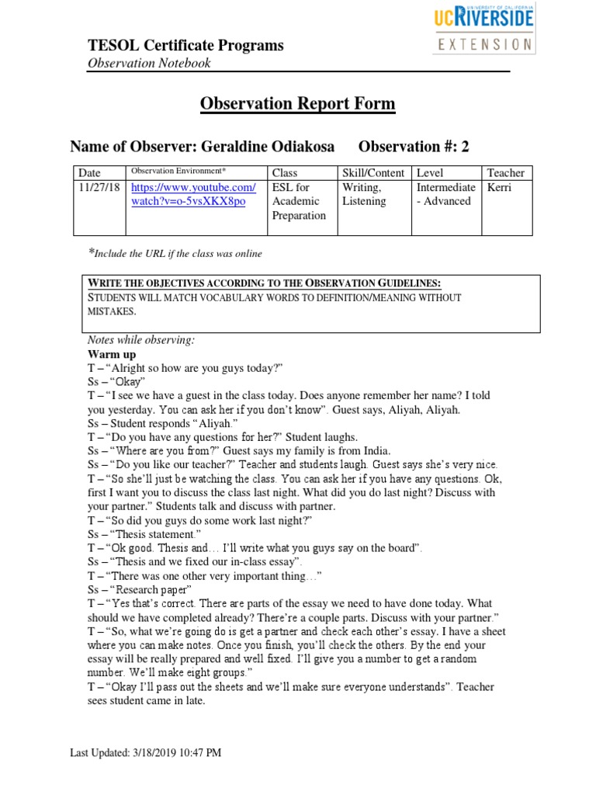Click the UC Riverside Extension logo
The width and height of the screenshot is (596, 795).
tap(484, 30)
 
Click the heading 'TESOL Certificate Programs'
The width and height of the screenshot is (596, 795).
tap(185, 45)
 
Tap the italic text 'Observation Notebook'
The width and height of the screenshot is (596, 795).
tap(148, 63)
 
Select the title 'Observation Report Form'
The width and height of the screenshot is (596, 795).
tap(298, 103)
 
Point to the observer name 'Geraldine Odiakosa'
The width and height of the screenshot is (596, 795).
tap(265, 146)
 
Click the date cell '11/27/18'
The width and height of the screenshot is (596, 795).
tap(99, 187)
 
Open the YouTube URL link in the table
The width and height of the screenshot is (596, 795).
tap(193, 194)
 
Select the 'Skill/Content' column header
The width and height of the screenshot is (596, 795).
tap(374, 172)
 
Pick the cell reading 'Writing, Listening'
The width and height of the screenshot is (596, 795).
tap(363, 194)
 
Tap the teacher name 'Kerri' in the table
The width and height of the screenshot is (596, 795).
tap(500, 187)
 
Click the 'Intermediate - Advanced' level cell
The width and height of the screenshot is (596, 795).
tap(445, 194)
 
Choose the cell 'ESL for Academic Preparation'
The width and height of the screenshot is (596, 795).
tap(299, 201)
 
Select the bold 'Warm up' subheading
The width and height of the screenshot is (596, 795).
tap(112, 354)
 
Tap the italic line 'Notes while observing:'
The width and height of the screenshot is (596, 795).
tap(140, 340)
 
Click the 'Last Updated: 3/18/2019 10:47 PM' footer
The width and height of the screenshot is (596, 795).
tap(146, 752)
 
